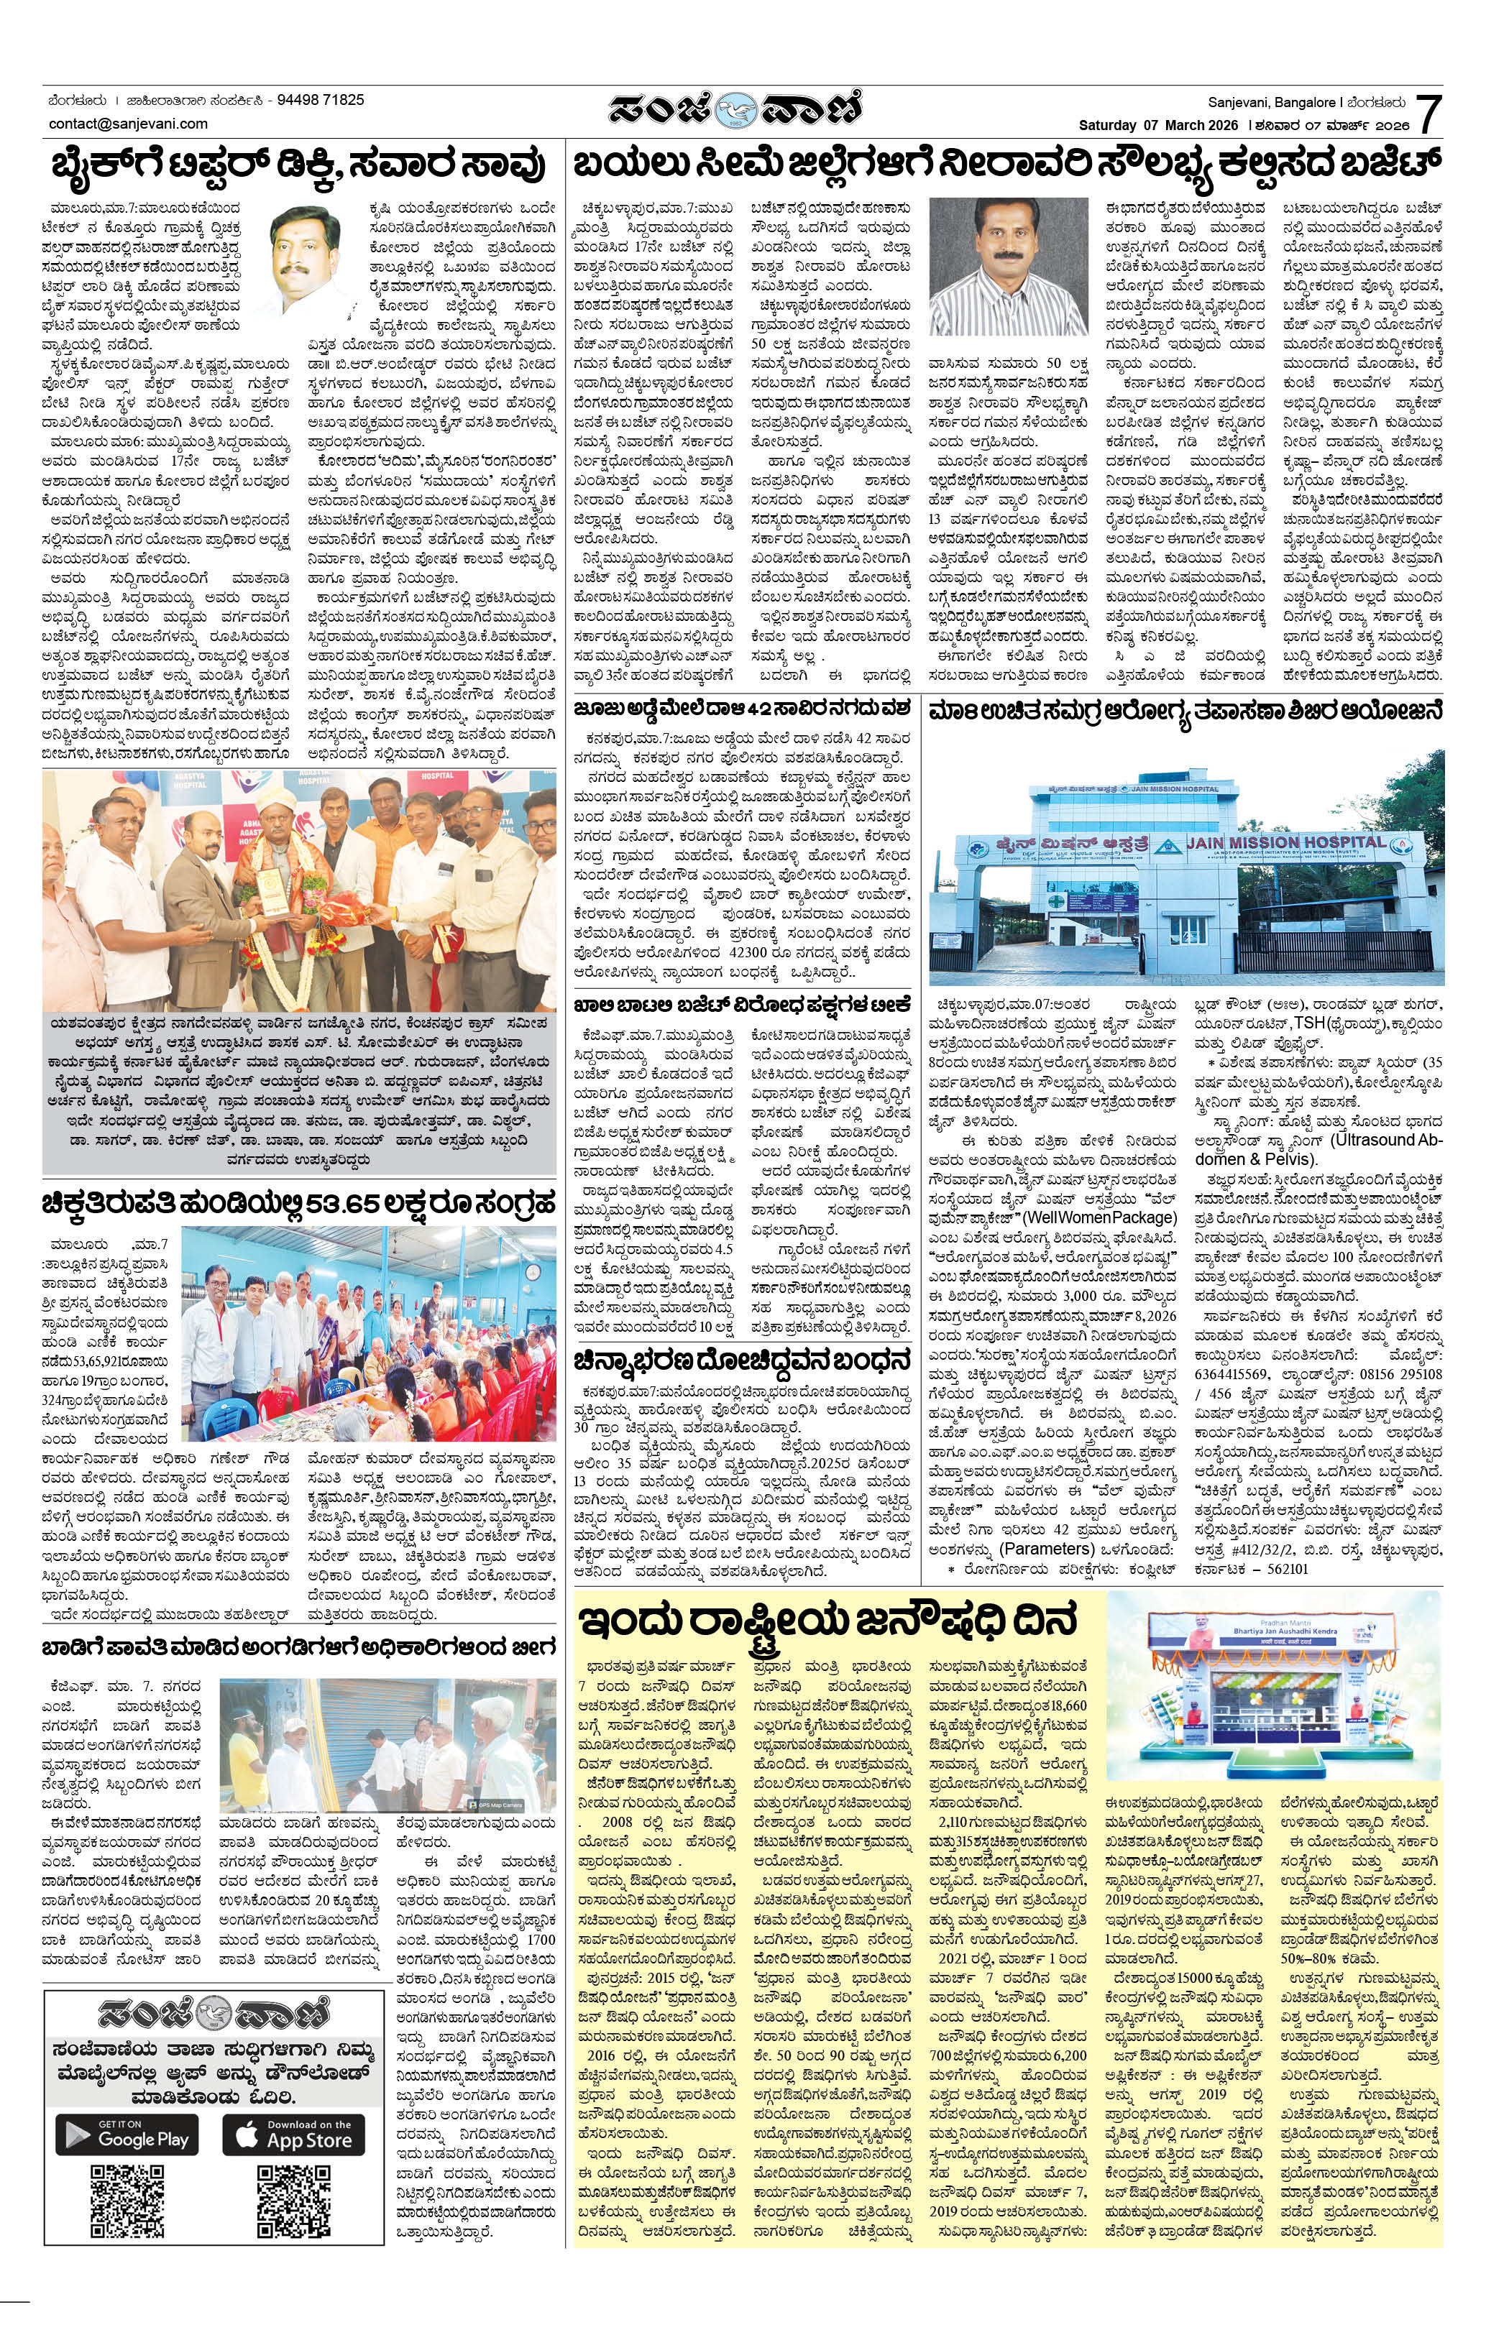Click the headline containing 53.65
pos(298,1205)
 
